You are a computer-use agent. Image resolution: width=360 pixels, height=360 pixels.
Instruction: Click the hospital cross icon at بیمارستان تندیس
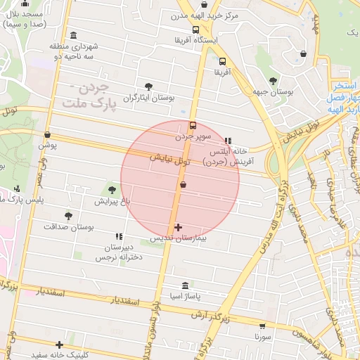[178, 227]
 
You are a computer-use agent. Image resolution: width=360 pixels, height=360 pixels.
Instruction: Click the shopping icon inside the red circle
[184, 184]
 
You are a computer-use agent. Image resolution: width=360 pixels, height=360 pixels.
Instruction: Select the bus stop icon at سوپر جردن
[193, 124]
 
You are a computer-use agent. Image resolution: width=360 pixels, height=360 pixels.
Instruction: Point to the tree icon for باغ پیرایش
[112, 188]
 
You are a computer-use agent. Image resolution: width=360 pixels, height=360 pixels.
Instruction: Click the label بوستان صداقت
[69, 227]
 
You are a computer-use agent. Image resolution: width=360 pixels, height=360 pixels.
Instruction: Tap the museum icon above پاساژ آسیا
[185, 285]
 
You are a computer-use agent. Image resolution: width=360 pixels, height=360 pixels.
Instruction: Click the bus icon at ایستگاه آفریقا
[195, 30]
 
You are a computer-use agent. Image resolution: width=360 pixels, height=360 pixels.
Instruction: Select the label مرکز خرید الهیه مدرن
[207, 15]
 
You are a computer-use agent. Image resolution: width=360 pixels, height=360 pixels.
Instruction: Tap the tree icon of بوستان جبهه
[273, 80]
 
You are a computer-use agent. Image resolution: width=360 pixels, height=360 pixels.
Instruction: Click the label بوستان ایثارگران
[148, 98]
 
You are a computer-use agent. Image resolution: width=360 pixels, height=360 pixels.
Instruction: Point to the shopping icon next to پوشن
[48, 134]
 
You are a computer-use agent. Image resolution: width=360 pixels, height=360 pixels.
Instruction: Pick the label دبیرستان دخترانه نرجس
[119, 252]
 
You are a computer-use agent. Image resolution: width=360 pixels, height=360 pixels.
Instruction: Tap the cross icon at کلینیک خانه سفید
[60, 345]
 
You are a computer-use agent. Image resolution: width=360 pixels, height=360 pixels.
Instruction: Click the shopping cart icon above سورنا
[263, 326]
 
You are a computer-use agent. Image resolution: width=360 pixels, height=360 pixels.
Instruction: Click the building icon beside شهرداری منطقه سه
[74, 36]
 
